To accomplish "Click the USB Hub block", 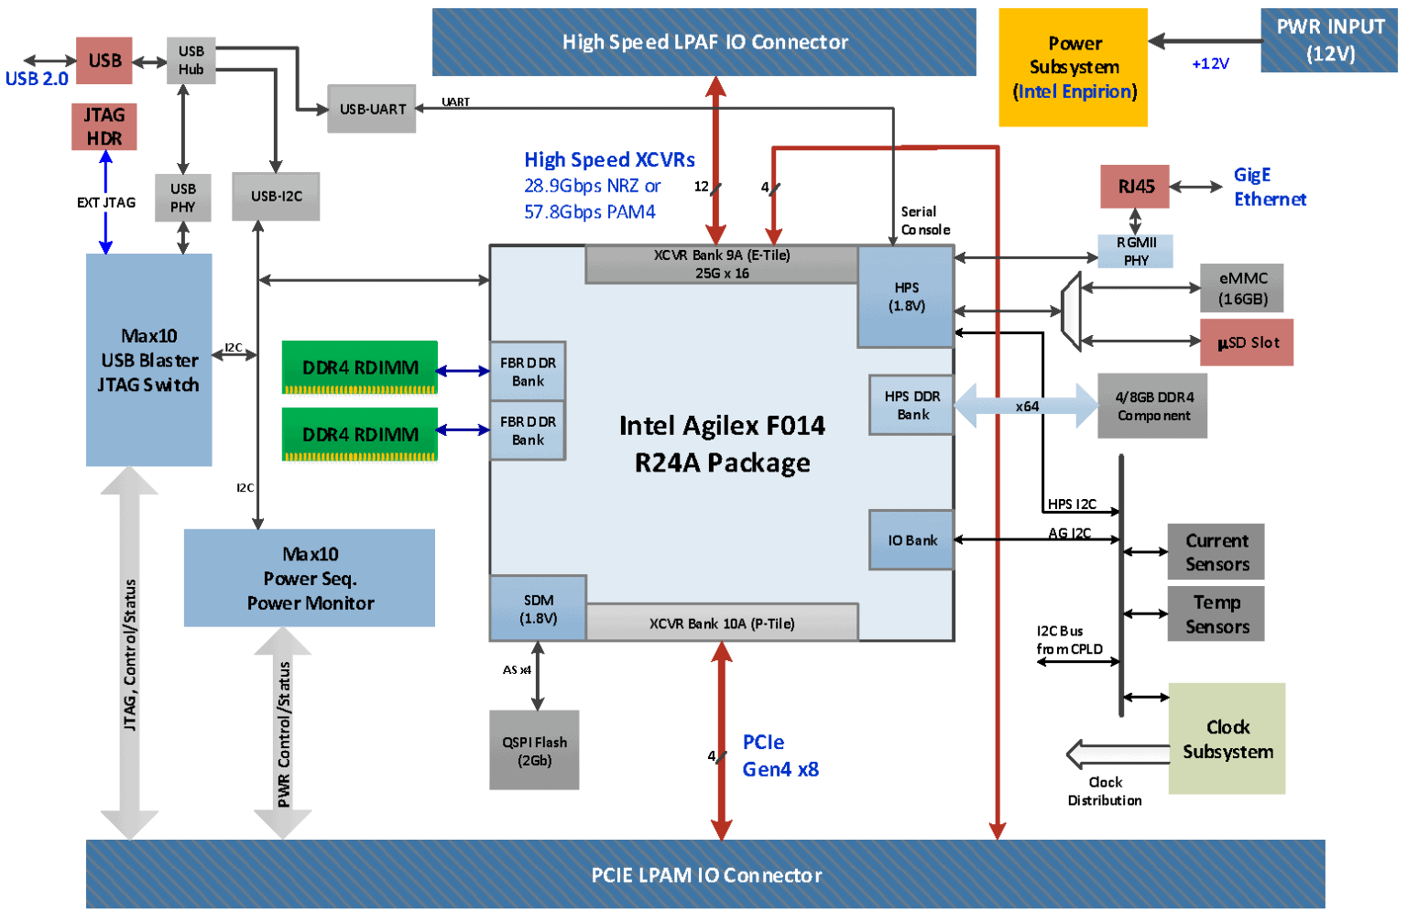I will point(191,60).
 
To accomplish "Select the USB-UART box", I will point(372,109).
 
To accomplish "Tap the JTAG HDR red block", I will point(104,126).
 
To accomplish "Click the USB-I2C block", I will point(276,196).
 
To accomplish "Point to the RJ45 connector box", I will point(1135,187).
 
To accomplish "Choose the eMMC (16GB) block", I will point(1242,288).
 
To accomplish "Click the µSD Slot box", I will point(1247,342).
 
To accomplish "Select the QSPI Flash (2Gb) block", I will point(534,750).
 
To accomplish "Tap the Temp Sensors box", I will point(1216,614).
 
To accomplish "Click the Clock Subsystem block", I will point(1227,738).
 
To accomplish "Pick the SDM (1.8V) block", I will point(538,608).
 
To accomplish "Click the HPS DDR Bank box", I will point(911,405).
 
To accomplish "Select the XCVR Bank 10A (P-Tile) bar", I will point(722,624).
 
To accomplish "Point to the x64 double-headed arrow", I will point(1026,406).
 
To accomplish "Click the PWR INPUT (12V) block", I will point(1329,40).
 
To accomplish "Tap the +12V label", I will point(1210,64).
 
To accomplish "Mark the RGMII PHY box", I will point(1136,251).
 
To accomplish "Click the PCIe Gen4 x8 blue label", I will point(780,755).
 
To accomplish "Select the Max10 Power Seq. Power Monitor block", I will point(310,578).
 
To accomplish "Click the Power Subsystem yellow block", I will point(1073,67).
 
